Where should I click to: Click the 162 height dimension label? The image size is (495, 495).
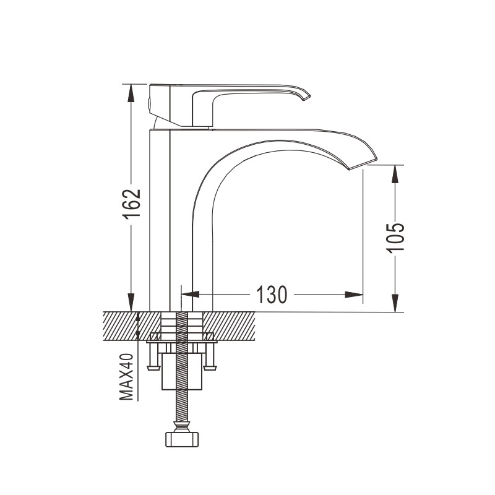(131, 204)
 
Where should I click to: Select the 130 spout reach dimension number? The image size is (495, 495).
(272, 295)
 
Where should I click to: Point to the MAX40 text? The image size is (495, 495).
(127, 377)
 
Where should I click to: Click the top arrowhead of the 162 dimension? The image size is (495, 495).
(131, 93)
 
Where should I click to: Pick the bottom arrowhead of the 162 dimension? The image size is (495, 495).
(131, 303)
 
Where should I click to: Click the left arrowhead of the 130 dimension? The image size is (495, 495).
(191, 295)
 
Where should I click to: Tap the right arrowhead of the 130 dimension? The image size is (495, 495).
(353, 295)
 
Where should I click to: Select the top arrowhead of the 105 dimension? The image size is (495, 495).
(395, 174)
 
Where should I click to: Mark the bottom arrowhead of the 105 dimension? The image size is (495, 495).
(395, 303)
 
